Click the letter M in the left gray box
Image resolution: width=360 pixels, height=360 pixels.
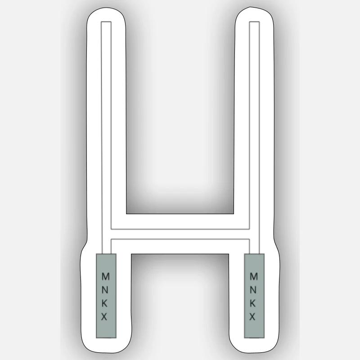[x=105, y=276]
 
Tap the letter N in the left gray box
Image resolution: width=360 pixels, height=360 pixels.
[x=105, y=290]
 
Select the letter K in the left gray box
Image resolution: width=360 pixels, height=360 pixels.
[x=104, y=303]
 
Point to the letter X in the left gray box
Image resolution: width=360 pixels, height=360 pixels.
[x=104, y=317]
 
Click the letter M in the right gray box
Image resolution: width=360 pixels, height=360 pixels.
[x=254, y=276]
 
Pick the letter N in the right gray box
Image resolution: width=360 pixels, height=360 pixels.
[x=253, y=290]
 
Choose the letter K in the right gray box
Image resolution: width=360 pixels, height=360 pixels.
[x=253, y=303]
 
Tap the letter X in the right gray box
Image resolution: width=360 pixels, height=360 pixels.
[x=252, y=317]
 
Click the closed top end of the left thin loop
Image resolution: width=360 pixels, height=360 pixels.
[x=106, y=22]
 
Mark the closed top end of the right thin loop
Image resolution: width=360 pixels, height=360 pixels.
[x=254, y=22]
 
